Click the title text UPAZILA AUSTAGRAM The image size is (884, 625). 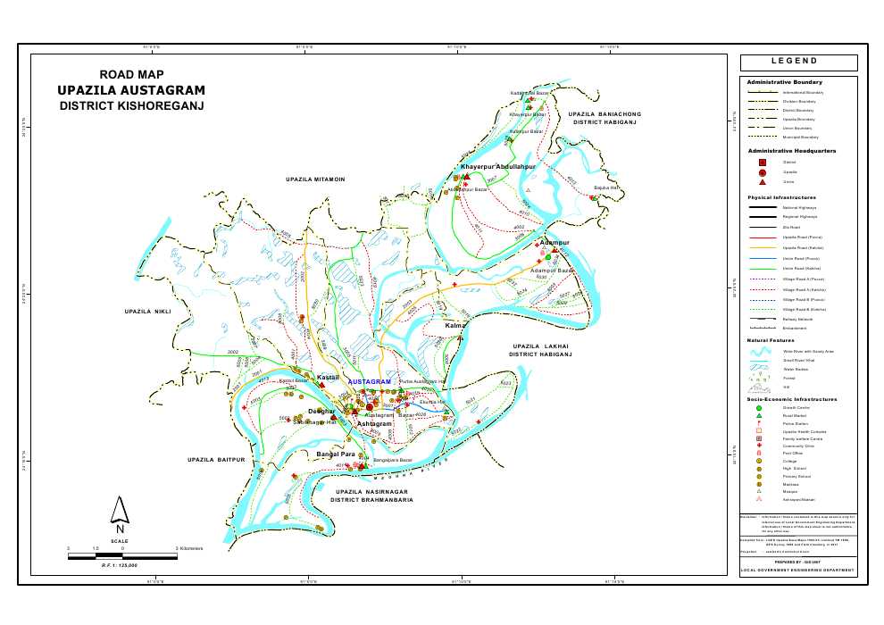(x=131, y=90)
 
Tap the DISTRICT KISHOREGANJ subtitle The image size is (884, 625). (x=131, y=105)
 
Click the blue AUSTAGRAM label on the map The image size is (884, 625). (x=370, y=382)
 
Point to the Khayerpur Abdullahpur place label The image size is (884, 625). (x=496, y=168)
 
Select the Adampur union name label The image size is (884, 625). (x=555, y=243)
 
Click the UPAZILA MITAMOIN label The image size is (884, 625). (x=315, y=180)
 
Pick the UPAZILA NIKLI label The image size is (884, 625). (x=146, y=312)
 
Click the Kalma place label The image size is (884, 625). (x=455, y=327)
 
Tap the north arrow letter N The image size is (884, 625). (x=120, y=528)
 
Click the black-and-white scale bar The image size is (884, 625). (x=122, y=556)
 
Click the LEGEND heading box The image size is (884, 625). (x=798, y=62)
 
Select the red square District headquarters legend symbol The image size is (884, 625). (x=763, y=162)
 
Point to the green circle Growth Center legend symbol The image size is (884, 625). (x=759, y=407)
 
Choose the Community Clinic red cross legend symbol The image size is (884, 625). (x=759, y=446)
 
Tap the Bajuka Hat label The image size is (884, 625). (x=607, y=188)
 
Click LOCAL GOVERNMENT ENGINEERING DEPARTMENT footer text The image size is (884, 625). (x=798, y=570)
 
